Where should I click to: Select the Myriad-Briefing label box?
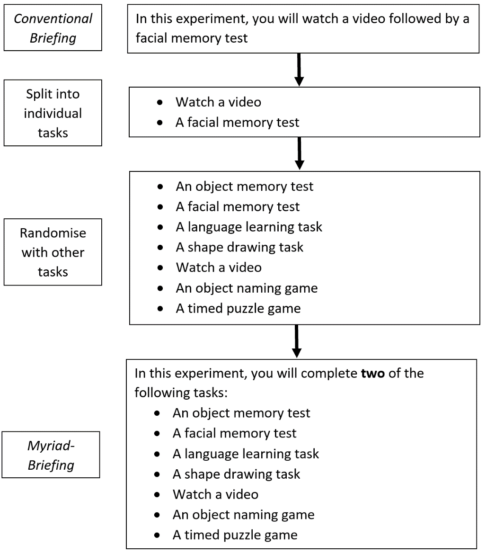click(51, 455)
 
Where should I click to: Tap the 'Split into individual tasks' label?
click(53, 113)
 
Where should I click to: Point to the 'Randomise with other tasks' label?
click(53, 252)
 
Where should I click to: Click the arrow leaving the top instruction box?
click(299, 69)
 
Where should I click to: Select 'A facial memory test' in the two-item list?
click(238, 122)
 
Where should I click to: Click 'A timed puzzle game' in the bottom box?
click(235, 535)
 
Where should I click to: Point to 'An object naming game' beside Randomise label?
click(247, 287)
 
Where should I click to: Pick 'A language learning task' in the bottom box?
click(246, 454)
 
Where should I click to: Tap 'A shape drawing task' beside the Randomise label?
click(239, 247)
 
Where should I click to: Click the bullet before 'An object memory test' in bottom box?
click(160, 413)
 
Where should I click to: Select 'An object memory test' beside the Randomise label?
click(244, 186)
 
